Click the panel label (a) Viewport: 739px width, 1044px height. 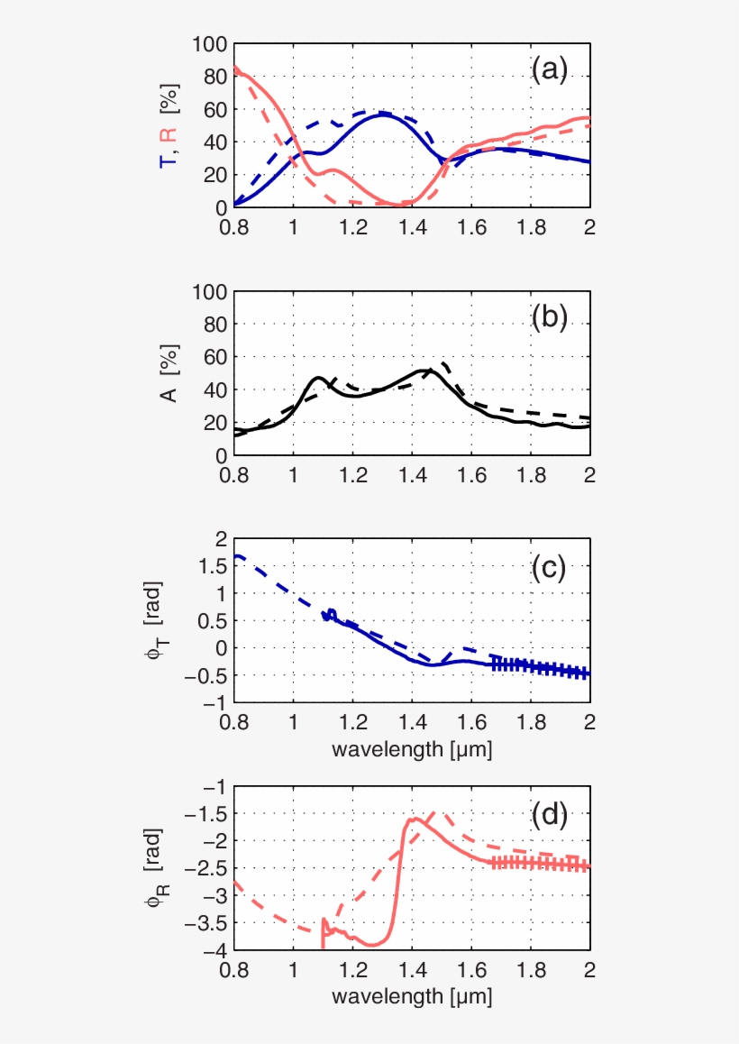550,69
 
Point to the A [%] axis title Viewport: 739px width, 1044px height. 168,373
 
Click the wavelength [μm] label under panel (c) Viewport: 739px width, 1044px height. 412,749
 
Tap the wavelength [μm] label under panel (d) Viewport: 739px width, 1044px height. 412,997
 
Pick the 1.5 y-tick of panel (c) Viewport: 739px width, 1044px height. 213,565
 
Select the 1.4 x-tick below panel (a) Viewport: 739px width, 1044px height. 412,224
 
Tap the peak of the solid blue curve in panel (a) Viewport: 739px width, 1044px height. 382,114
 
